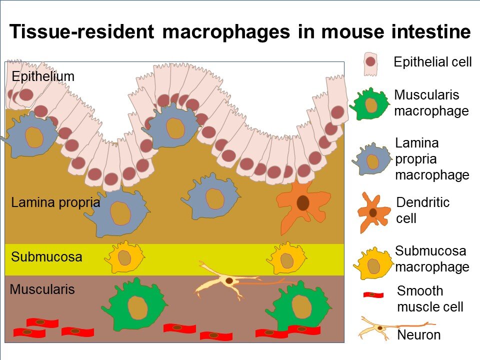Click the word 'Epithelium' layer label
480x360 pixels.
[42, 76]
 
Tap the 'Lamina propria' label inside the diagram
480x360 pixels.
[55, 203]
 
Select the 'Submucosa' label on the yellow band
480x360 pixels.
[46, 258]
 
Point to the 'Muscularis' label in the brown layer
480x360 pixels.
[42, 289]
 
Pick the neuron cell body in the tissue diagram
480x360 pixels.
[228, 281]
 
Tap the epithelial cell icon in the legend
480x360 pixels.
[370, 63]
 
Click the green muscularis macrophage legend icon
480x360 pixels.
[370, 104]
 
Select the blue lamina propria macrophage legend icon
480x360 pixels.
[371, 160]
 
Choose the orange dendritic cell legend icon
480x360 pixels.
[373, 212]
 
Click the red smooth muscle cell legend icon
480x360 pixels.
[373, 295]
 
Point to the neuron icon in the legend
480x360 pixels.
[380, 327]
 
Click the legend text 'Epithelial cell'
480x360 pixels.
[432, 62]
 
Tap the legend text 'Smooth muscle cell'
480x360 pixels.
[430, 298]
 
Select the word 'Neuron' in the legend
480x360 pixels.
[418, 335]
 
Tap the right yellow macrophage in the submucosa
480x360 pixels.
[286, 258]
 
